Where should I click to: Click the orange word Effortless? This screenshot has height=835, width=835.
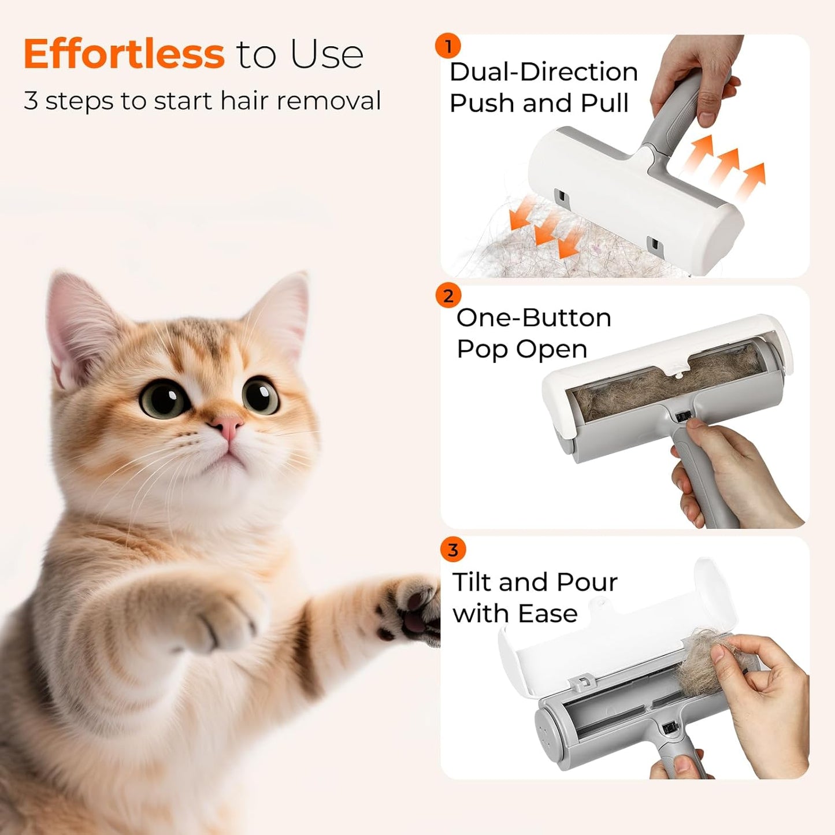[x=123, y=54]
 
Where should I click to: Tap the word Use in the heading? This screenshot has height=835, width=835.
[x=326, y=54]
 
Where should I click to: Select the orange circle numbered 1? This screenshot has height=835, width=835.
[x=448, y=46]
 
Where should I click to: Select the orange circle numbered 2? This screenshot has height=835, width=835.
[x=448, y=296]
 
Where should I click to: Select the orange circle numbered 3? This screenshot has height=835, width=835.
[x=452, y=550]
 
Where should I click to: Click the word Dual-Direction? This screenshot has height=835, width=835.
[x=543, y=72]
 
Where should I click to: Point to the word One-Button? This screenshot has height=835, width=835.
[x=533, y=318]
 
